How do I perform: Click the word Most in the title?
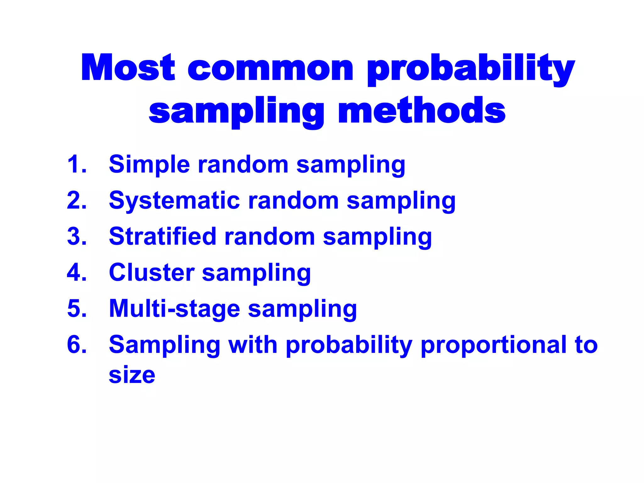tap(128, 68)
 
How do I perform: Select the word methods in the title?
tap(421, 111)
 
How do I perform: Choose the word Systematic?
tap(175, 201)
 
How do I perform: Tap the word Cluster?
tap(152, 273)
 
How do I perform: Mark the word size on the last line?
tap(132, 375)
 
